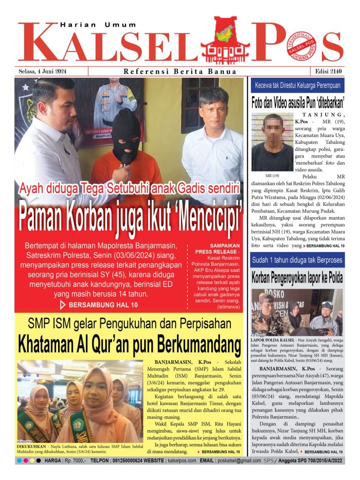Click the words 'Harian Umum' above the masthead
[98, 25]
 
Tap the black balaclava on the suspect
[127, 135]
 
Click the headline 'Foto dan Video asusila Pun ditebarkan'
[298, 101]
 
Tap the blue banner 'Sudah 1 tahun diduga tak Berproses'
[298, 261]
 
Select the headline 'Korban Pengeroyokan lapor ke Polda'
[298, 278]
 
